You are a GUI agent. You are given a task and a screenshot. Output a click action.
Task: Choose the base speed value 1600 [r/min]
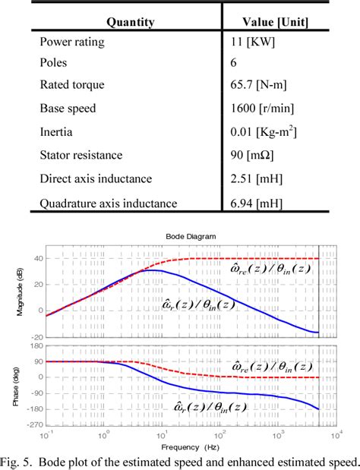(262, 110)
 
